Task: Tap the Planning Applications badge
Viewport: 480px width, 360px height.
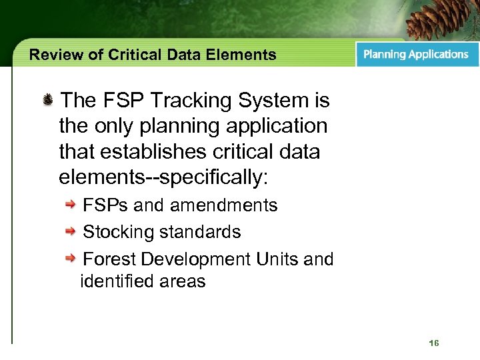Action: coord(416,55)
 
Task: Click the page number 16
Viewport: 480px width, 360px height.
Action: coord(434,343)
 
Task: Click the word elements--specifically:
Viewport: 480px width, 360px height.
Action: coord(163,177)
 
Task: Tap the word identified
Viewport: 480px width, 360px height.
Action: coord(117,281)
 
